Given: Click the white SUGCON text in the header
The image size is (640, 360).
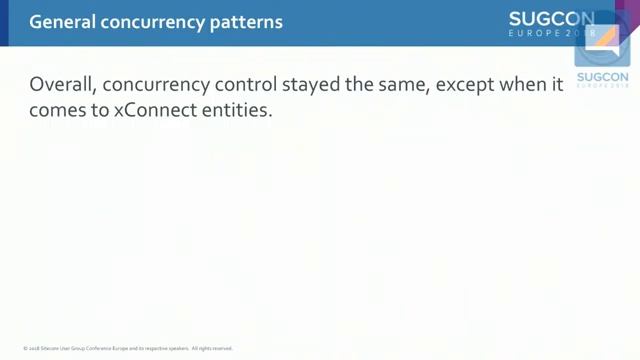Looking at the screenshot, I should coord(551,18).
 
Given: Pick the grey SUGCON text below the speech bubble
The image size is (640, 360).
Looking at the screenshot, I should coord(602,77).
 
